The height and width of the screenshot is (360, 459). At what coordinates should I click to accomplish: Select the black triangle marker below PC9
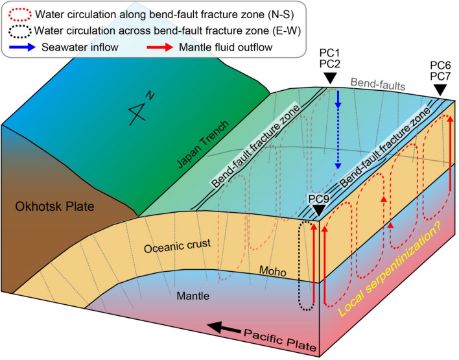pyautogui.click(x=317, y=211)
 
